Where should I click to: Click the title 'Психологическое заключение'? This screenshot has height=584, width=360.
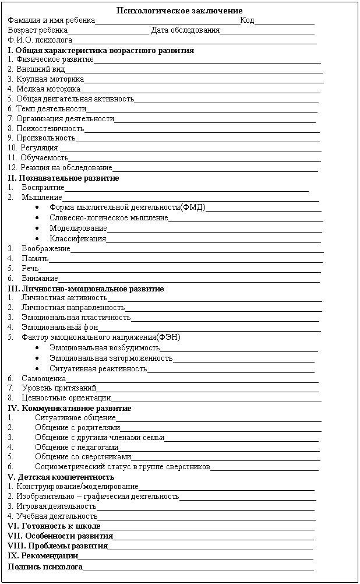[x=179, y=11]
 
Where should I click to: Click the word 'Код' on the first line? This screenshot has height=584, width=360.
[x=246, y=20]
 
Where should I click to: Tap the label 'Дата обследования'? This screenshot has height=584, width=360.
[x=185, y=30]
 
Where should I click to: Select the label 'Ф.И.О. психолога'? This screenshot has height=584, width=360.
[x=40, y=40]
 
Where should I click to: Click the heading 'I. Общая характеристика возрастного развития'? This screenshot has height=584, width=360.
[x=101, y=50]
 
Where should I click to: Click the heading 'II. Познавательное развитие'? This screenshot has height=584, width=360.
[x=63, y=178]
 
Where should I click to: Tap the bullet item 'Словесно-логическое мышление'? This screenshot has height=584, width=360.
[x=108, y=218]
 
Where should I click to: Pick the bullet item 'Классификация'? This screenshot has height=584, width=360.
[x=77, y=238]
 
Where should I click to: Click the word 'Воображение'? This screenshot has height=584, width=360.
[x=45, y=248]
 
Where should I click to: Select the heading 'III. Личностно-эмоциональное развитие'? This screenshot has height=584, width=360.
[x=86, y=289]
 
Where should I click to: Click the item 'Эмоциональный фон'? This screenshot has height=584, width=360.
[x=60, y=328]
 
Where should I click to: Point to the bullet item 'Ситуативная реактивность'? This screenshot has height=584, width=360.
[x=98, y=368]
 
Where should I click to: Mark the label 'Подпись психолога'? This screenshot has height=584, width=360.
[x=45, y=567]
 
